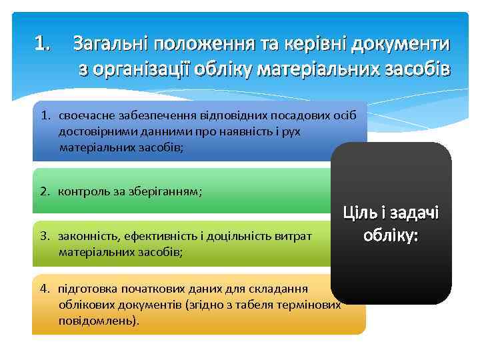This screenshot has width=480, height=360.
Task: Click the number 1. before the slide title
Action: (x=42, y=45)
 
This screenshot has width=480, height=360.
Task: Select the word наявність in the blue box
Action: (x=234, y=131)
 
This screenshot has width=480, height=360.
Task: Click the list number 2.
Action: (x=44, y=192)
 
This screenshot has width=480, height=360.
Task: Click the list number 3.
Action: (x=44, y=237)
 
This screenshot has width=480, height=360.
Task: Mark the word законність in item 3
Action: (x=83, y=237)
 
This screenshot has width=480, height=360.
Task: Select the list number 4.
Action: (x=44, y=289)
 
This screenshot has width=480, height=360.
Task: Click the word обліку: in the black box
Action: (x=391, y=235)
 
